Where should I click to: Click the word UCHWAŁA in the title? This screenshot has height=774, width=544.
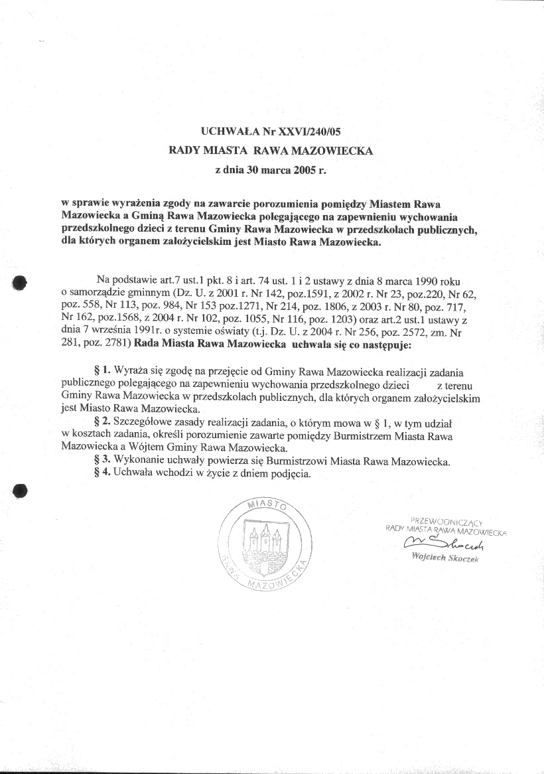click(x=228, y=132)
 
